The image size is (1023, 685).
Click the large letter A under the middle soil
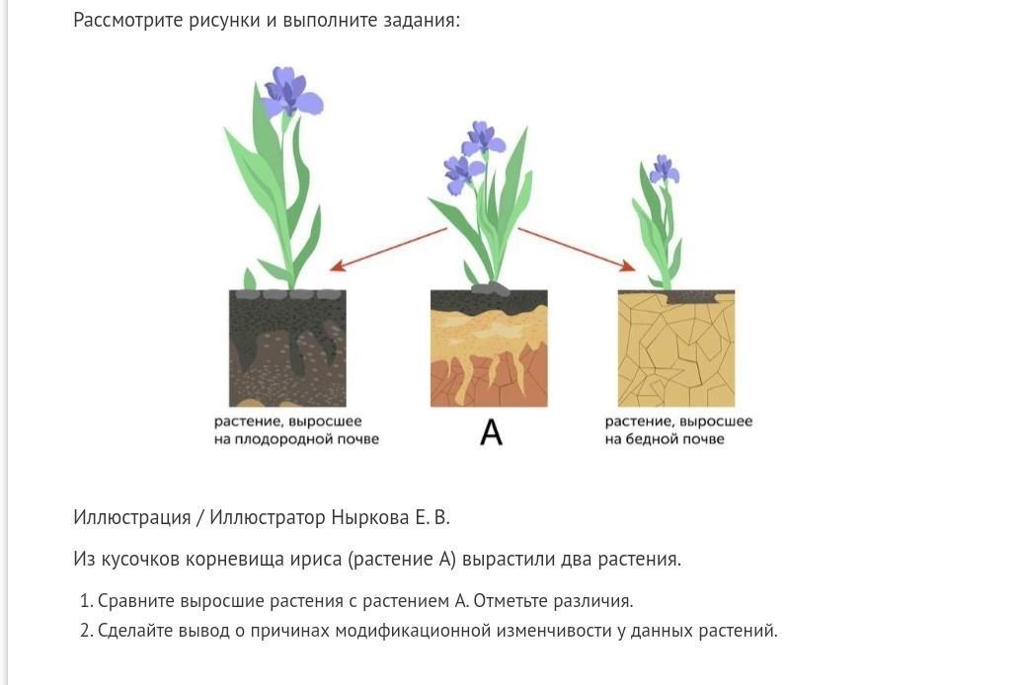click(491, 432)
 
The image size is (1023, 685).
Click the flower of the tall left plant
click(290, 93)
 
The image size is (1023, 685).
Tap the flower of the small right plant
click(664, 170)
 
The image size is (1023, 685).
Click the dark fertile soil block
click(287, 348)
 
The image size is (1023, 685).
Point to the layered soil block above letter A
click(489, 348)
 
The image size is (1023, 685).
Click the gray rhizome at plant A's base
click(490, 288)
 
